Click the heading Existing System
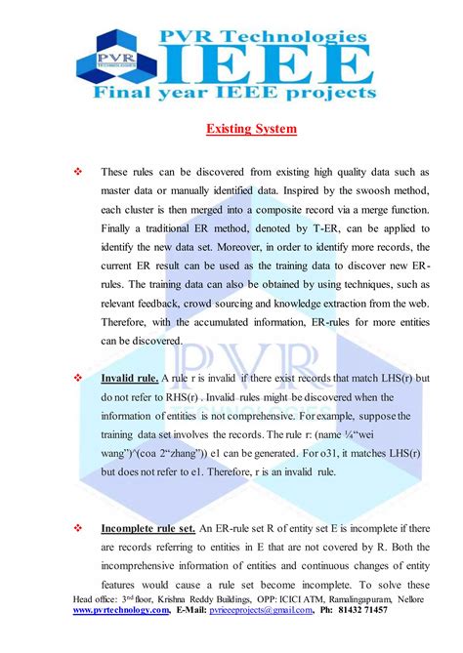251,128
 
